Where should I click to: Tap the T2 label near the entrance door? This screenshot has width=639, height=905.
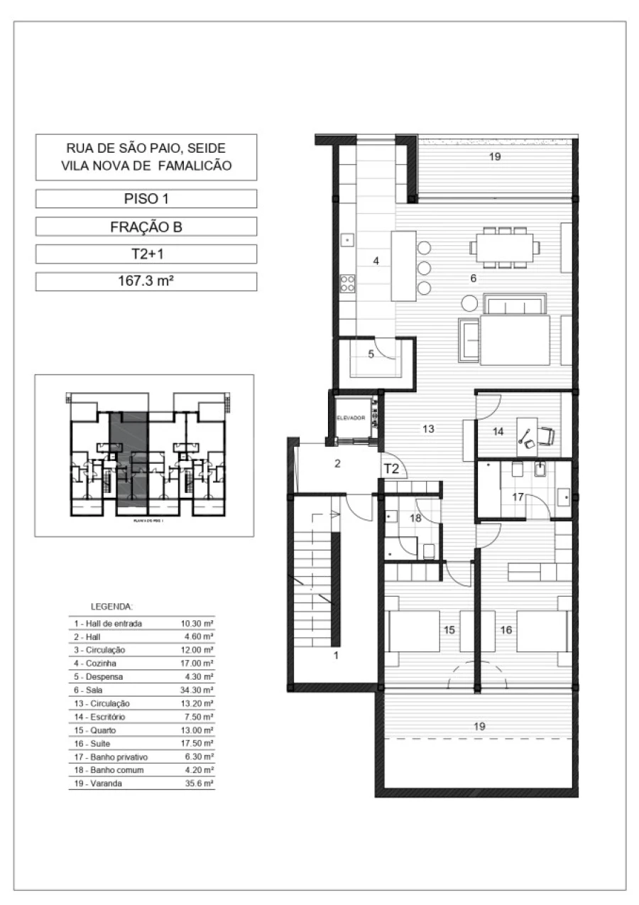[x=391, y=469]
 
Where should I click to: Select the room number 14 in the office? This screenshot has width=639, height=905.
[x=498, y=431]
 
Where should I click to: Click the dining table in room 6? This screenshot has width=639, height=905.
[x=503, y=247]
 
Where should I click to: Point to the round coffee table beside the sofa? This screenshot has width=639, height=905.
[x=469, y=303]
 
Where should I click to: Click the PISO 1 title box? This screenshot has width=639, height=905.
[x=146, y=198]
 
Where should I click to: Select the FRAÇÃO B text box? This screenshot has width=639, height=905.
[x=146, y=227]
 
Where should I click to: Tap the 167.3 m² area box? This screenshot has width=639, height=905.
[x=146, y=281]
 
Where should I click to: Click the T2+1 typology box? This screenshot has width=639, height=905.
[x=146, y=254]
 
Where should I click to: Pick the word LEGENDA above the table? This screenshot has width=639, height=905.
[x=111, y=607]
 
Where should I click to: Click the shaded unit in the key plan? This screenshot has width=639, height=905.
[x=129, y=458]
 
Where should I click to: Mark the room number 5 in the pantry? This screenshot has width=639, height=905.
[x=371, y=354]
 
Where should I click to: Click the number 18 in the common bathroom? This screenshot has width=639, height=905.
[x=415, y=519]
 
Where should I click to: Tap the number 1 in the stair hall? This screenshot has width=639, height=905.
[x=336, y=656]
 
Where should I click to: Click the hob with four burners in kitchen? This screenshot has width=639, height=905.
[x=347, y=283]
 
